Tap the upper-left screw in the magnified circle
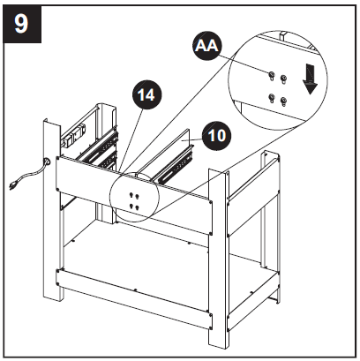pos(272,77)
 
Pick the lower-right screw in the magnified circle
pos(283,100)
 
